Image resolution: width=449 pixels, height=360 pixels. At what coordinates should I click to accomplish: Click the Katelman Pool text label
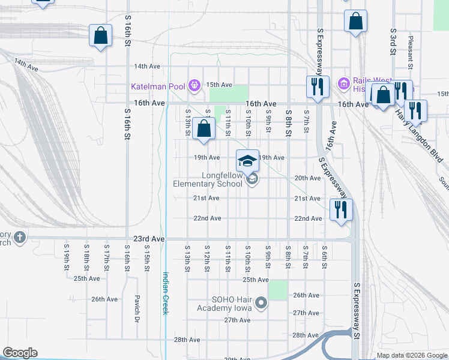(x=158, y=86)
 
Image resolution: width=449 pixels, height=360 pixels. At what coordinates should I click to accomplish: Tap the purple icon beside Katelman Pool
(x=194, y=86)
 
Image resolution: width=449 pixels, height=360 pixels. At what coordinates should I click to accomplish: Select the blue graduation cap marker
(x=247, y=161)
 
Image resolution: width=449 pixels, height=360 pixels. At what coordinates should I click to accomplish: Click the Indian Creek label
(x=165, y=293)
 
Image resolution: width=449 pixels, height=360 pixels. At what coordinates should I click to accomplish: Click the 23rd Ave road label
(x=148, y=239)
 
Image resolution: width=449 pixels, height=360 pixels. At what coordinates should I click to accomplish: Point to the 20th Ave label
(x=307, y=178)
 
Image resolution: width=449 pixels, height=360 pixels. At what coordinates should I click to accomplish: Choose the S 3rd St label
(x=393, y=41)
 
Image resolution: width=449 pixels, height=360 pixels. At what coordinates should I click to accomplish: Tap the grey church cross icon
(x=20, y=238)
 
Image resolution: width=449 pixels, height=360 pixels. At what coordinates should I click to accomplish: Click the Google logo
(x=20, y=353)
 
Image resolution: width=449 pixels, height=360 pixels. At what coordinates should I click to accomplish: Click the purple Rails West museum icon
(x=343, y=84)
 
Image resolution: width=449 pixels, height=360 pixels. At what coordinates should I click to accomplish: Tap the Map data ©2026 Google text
(x=411, y=356)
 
